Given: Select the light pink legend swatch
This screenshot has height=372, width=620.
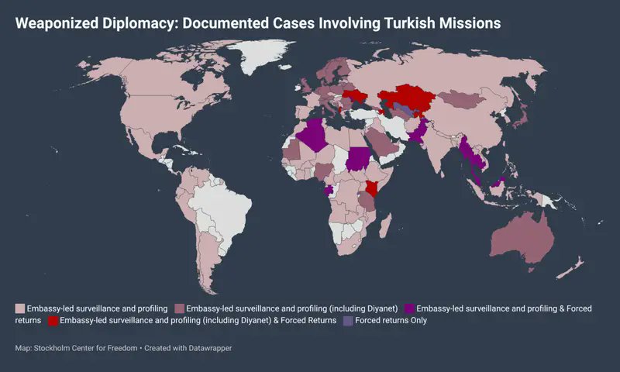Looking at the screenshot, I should coord(20,308).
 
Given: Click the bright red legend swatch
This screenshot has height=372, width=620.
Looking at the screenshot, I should coord(53,320).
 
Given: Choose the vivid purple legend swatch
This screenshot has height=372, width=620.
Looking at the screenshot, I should coord(409,308).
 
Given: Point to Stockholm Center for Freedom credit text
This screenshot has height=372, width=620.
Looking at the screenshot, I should coord(85,348).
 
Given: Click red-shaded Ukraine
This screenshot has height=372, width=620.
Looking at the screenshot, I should coord(355,97).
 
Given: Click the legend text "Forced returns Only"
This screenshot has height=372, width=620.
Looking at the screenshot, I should coord(391,320).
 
